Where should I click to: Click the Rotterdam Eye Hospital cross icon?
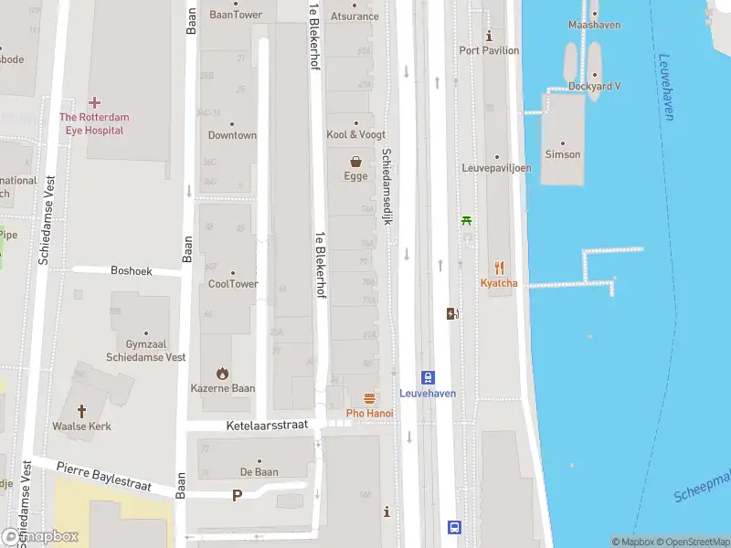click(94, 102)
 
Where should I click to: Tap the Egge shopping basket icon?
click(355, 161)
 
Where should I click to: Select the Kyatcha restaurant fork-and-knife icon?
click(499, 268)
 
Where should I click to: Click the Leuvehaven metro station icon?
click(428, 377)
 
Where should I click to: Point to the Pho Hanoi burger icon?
click(369, 398)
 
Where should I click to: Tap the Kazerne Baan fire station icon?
click(222, 373)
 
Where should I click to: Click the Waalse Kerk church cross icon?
click(81, 411)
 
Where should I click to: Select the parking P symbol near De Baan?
click(238, 495)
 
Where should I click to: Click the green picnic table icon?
click(467, 219)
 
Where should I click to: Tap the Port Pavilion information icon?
click(490, 37)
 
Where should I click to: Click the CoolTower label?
click(233, 284)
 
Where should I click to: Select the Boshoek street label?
click(132, 271)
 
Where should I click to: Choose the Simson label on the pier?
click(562, 154)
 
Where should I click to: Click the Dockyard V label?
click(594, 87)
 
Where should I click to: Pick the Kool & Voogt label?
click(355, 134)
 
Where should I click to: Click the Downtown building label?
click(232, 135)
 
